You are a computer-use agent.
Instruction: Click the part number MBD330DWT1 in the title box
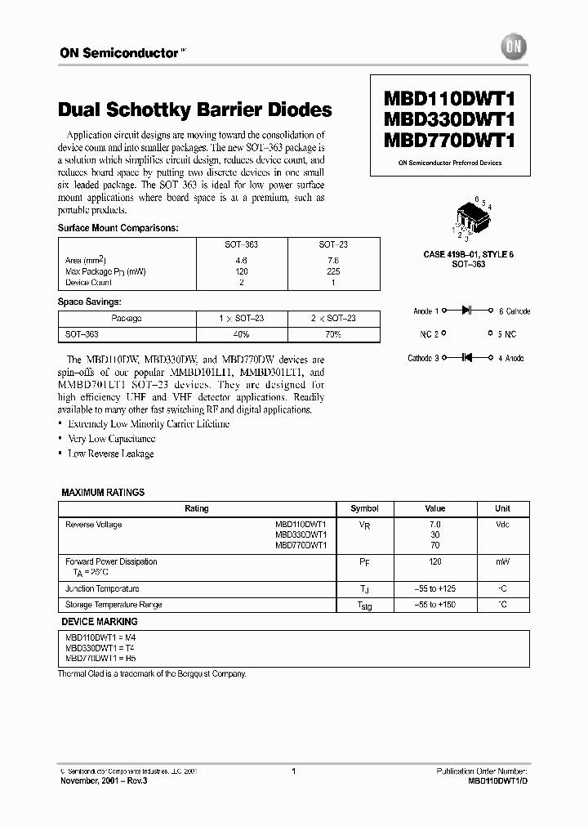tap(449, 119)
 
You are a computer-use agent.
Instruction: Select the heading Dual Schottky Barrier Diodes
tap(195, 110)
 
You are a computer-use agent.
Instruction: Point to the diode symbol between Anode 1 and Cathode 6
tap(469, 311)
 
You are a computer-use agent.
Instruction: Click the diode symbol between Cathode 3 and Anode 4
tap(469, 358)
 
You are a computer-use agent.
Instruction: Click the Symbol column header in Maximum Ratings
tap(364, 508)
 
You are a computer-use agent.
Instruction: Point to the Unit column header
tap(502, 508)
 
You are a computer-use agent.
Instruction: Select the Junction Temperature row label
tap(102, 588)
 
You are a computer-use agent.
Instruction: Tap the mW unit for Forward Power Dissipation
tap(502, 562)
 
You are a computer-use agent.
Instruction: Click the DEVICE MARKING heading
tap(100, 622)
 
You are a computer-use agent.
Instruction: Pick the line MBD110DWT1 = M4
tap(95, 637)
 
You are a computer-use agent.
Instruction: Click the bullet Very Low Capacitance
tap(110, 439)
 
